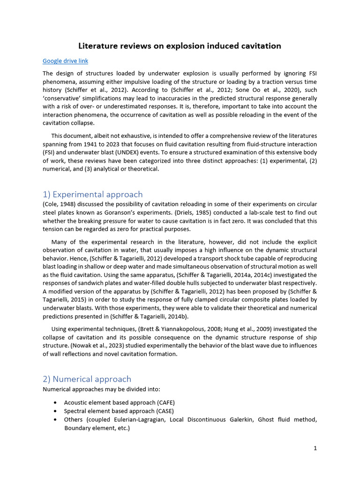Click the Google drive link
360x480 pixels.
65,61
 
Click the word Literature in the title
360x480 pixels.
97,45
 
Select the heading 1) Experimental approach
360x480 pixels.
92,194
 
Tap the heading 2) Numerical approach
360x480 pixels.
87,379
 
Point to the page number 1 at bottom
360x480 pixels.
315,448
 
